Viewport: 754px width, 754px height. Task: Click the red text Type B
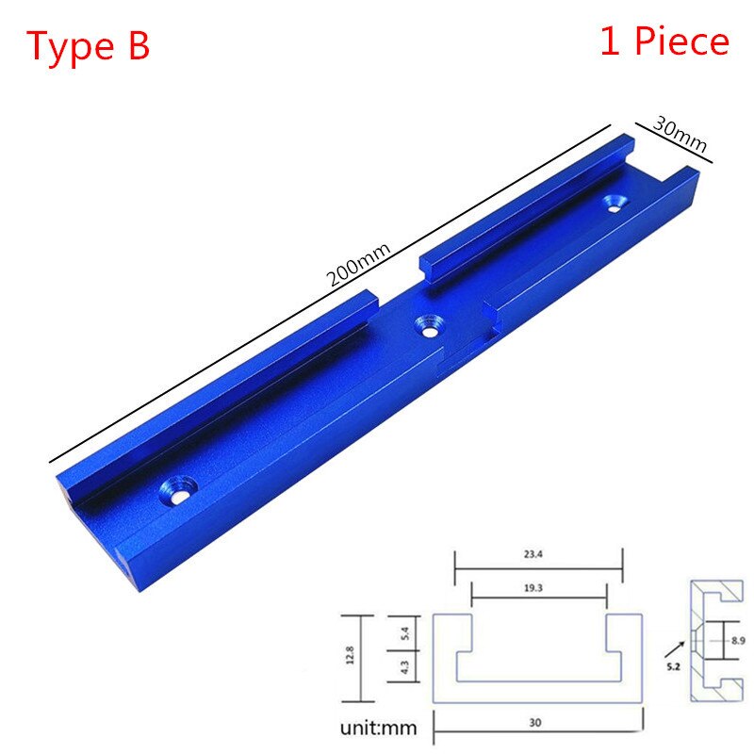(x=88, y=45)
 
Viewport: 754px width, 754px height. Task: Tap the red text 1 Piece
(x=664, y=41)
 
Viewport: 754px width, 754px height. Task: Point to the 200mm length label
(x=358, y=263)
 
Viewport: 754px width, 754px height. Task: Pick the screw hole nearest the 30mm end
(x=618, y=202)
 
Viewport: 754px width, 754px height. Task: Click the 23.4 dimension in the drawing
(x=537, y=556)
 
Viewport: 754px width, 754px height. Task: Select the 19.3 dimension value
(x=539, y=586)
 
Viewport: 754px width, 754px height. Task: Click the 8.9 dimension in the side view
(x=737, y=641)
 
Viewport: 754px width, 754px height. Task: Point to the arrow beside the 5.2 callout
(x=674, y=649)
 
